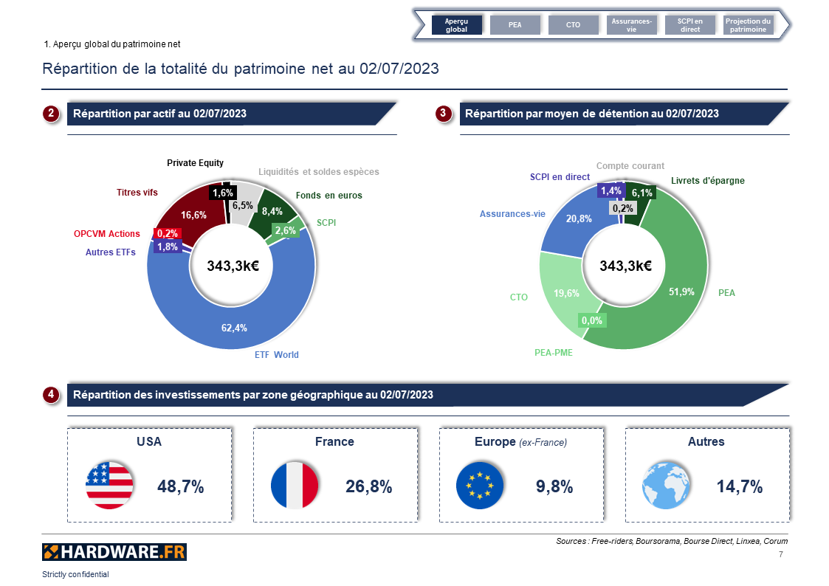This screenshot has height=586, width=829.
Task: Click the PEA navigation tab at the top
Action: pos(515,25)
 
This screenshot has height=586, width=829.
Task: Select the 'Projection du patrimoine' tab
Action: pos(748,25)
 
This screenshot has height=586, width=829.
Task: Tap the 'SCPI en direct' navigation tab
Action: pos(690,25)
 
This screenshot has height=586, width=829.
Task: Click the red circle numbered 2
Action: pos(51,114)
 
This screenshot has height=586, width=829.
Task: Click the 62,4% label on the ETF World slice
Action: pos(234,328)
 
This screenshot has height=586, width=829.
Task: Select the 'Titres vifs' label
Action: pos(137,193)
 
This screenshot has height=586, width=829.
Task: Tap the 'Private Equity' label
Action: pos(195,163)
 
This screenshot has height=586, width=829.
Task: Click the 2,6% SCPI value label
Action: pos(285,230)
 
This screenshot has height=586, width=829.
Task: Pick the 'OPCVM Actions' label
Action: pos(106,234)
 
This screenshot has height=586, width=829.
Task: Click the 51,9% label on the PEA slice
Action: pos(681,292)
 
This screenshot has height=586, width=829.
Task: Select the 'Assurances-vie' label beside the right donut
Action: pos(512,214)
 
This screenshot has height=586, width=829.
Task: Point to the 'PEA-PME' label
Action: pos(554,353)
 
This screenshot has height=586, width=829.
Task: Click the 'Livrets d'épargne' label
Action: pos(707,181)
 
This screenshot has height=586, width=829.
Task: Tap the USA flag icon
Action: pos(109,486)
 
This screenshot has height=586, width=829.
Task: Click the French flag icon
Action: pos(295,486)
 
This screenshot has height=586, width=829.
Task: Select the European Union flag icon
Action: pos(480,486)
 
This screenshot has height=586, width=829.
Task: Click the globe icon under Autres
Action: pos(666,486)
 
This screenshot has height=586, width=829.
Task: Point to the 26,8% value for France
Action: pos(368,486)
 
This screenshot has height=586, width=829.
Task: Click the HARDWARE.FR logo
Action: pos(114,551)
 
